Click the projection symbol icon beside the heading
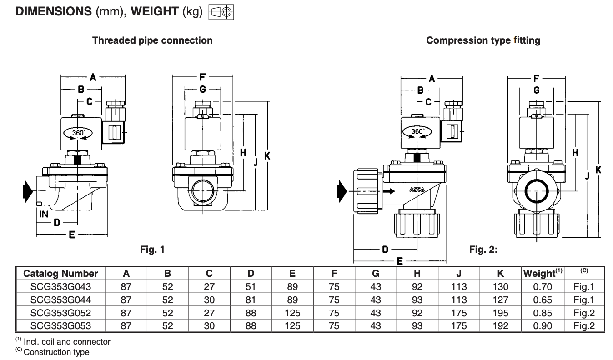pyautogui.click(x=221, y=12)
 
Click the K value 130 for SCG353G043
pyautogui.click(x=500, y=287)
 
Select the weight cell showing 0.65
pyautogui.click(x=543, y=300)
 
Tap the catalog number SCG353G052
pyautogui.click(x=60, y=313)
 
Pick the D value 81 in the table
pyautogui.click(x=251, y=300)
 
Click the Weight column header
pyautogui.click(x=543, y=273)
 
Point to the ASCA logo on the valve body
pyautogui.click(x=417, y=189)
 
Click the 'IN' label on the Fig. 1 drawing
pyautogui.click(x=44, y=214)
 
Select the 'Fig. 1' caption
pyautogui.click(x=152, y=249)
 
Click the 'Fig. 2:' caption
pyautogui.click(x=483, y=249)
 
